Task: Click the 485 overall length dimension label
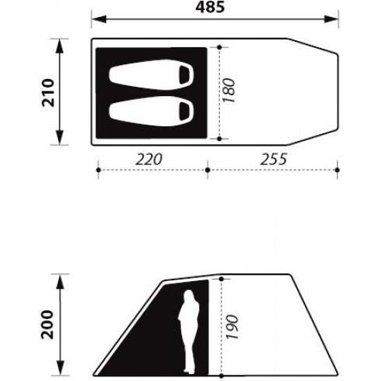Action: click(x=210, y=7)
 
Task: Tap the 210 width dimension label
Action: click(x=48, y=93)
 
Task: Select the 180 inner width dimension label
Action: click(x=229, y=91)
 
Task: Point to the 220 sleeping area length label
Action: click(x=149, y=160)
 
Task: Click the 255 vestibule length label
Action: click(x=273, y=160)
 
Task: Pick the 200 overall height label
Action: click(x=47, y=324)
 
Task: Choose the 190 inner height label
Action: click(x=232, y=327)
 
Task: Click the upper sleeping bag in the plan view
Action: click(x=151, y=74)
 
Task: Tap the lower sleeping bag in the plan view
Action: click(x=151, y=112)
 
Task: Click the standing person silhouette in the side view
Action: click(x=190, y=331)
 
